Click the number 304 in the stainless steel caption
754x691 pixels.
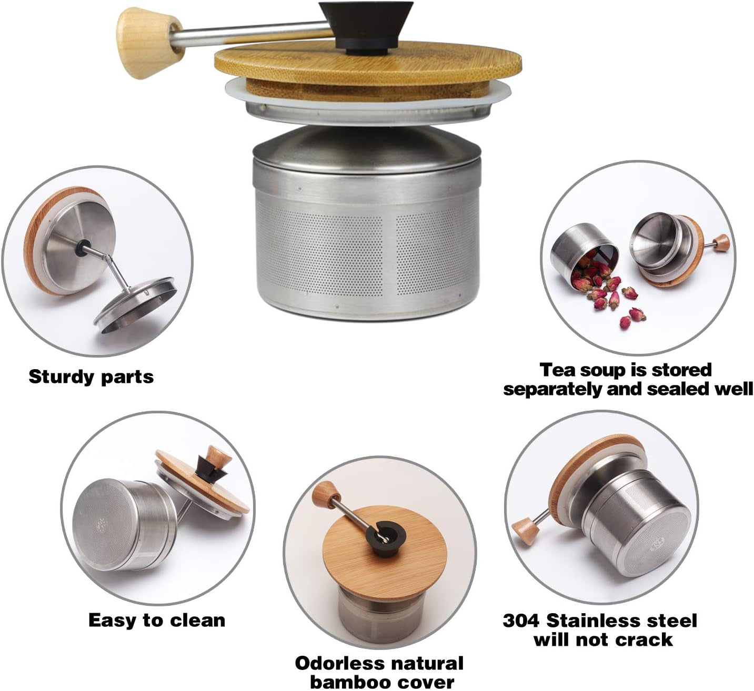point(521,621)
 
